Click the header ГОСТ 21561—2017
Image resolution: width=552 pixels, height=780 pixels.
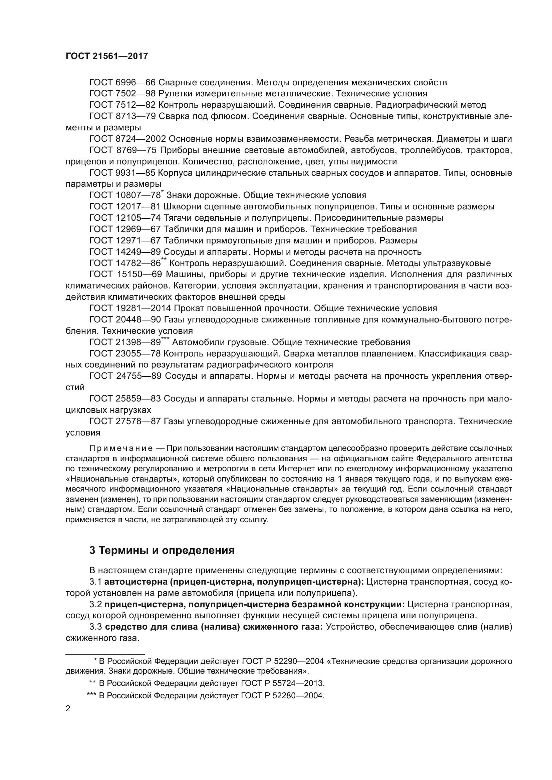[107, 56]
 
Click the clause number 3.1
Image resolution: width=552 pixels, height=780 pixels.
[95, 582]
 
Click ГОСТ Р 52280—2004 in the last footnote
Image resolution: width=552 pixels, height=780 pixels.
[283, 696]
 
